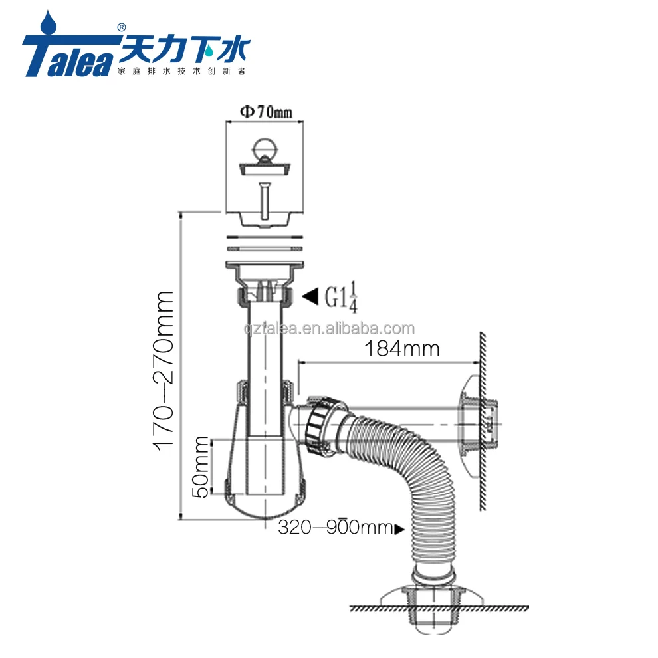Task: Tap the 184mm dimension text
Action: pyautogui.click(x=399, y=348)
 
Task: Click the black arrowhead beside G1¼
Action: pyautogui.click(x=310, y=297)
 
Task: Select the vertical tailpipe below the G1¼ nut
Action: pyautogui.click(x=265, y=346)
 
